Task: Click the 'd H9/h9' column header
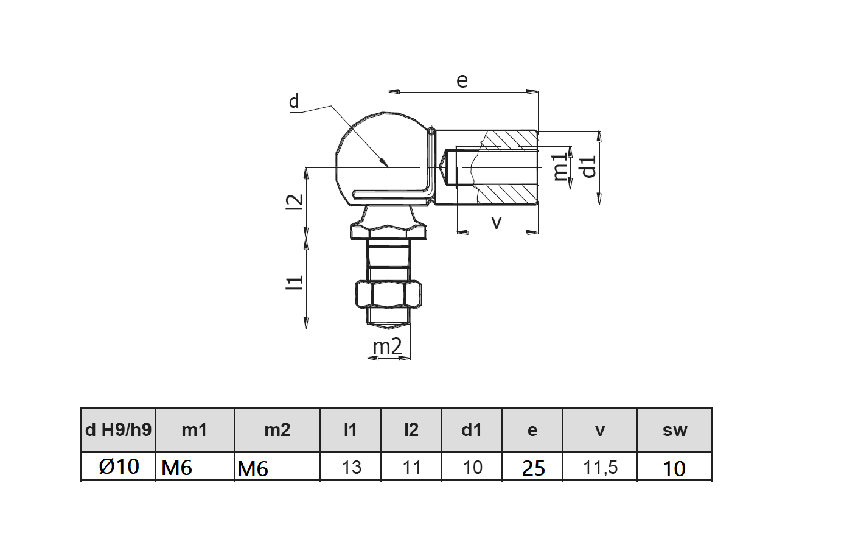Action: [x=118, y=430]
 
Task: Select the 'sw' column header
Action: [x=674, y=430]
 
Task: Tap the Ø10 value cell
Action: [x=119, y=466]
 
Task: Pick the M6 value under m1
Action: [x=176, y=468]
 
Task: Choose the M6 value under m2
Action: [x=253, y=468]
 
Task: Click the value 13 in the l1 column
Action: [x=351, y=467]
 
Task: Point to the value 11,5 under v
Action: [x=600, y=467]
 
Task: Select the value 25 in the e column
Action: [x=533, y=468]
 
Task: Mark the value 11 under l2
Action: [x=411, y=467]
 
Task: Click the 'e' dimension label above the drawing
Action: [x=462, y=80]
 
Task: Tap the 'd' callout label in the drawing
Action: [x=294, y=101]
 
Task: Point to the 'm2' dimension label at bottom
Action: [x=387, y=346]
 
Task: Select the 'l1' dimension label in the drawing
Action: [x=295, y=282]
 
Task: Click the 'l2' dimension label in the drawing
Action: [x=295, y=202]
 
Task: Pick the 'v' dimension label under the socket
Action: [x=497, y=222]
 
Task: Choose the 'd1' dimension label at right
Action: [x=588, y=166]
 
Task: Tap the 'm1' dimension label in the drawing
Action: [x=560, y=167]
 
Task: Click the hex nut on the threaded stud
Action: [x=387, y=294]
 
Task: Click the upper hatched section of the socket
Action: [x=508, y=139]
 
